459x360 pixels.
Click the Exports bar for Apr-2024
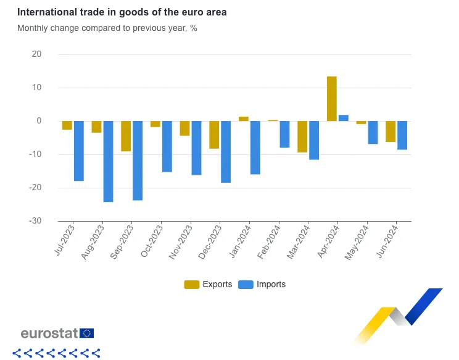[x=332, y=99]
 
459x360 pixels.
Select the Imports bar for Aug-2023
[x=108, y=161]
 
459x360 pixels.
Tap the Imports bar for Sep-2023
[x=138, y=161]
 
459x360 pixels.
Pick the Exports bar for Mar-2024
[x=302, y=136]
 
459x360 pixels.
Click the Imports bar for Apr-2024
[x=344, y=118]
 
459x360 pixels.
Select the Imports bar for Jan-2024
[x=255, y=148]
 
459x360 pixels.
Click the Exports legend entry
[x=209, y=285]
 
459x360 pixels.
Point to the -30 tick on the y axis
[x=35, y=221]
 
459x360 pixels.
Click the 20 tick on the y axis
[x=36, y=54]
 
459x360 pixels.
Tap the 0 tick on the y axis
[x=38, y=121]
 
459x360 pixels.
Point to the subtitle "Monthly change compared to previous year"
[x=107, y=28]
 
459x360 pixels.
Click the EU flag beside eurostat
[x=87, y=333]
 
